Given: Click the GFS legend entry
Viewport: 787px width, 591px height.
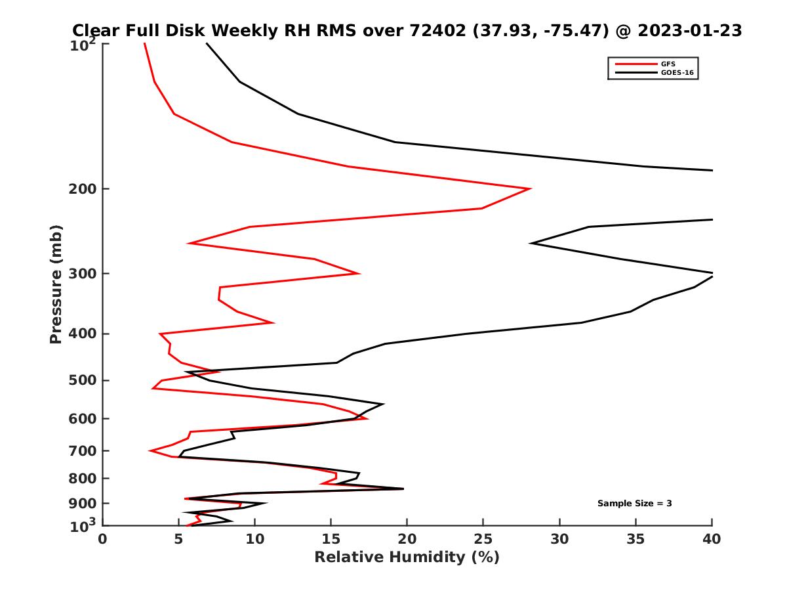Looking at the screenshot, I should (668, 64).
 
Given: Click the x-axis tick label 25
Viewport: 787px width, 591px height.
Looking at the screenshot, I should (483, 539).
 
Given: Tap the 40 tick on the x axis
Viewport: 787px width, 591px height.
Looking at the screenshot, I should (712, 539).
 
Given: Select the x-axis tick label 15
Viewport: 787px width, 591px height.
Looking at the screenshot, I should (331, 539).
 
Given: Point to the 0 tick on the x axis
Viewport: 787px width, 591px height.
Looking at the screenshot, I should (103, 539).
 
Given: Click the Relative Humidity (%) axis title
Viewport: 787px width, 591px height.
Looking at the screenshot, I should (407, 558).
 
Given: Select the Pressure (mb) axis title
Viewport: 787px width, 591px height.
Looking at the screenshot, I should (56, 284).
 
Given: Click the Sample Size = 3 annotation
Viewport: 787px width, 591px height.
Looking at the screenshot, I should (634, 504).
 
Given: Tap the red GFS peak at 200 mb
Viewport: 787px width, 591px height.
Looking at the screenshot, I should (530, 189).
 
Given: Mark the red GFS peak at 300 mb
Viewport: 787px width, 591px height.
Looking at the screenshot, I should (359, 273).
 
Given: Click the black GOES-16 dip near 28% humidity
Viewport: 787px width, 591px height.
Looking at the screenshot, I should (531, 244).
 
